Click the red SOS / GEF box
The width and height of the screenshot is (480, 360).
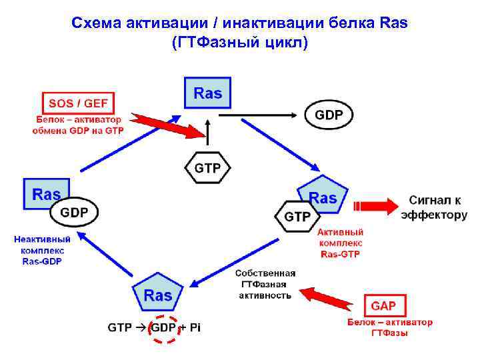pos(78,103)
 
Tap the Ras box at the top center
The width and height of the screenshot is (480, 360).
pos(207,93)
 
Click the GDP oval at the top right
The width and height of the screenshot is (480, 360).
pos(329,115)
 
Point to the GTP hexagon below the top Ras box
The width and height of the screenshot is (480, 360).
pos(207,168)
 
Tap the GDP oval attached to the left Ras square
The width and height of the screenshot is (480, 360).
pos(74,213)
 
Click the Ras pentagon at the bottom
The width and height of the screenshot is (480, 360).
pos(158,294)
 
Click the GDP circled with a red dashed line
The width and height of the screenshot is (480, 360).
pos(163,328)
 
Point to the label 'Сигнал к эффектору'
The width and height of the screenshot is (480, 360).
pos(434,207)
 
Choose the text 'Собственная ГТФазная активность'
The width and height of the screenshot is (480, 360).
pos(265,284)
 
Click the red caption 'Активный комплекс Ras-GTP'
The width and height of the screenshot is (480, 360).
pos(340,243)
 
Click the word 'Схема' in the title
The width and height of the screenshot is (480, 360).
pos(96,23)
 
